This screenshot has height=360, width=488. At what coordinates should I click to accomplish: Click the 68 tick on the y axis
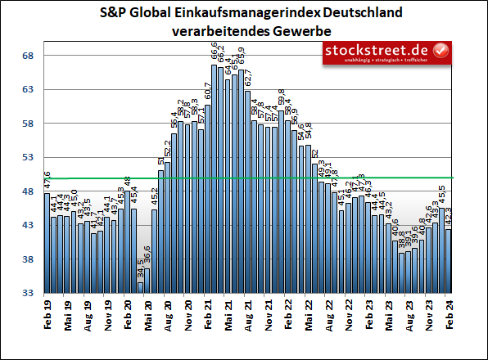pos(26,56)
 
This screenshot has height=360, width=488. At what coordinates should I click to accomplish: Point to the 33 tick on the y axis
pos(26,293)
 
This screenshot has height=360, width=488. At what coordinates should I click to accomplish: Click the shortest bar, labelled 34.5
pos(141,287)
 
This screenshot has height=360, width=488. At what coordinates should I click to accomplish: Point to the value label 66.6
pos(215,55)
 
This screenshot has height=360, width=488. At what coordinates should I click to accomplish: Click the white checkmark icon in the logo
pos(441,50)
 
